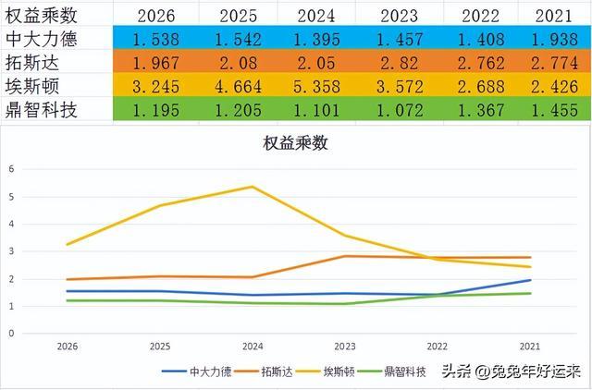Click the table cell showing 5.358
[316, 86]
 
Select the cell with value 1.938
[554, 39]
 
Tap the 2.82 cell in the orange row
[399, 63]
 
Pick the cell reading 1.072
[400, 110]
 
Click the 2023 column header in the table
[399, 16]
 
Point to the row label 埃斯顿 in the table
[32, 86]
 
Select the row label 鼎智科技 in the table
[41, 110]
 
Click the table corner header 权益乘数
[41, 16]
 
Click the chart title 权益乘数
[295, 143]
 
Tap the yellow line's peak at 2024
[253, 187]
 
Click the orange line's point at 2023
[345, 257]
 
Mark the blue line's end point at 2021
[530, 280]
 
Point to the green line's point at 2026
[68, 300]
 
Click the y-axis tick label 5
[11, 197]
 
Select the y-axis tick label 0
[11, 334]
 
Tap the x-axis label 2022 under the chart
[438, 347]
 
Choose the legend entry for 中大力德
[197, 372]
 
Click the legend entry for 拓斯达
[264, 372]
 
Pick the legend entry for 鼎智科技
[392, 372]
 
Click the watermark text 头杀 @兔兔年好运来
[512, 372]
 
